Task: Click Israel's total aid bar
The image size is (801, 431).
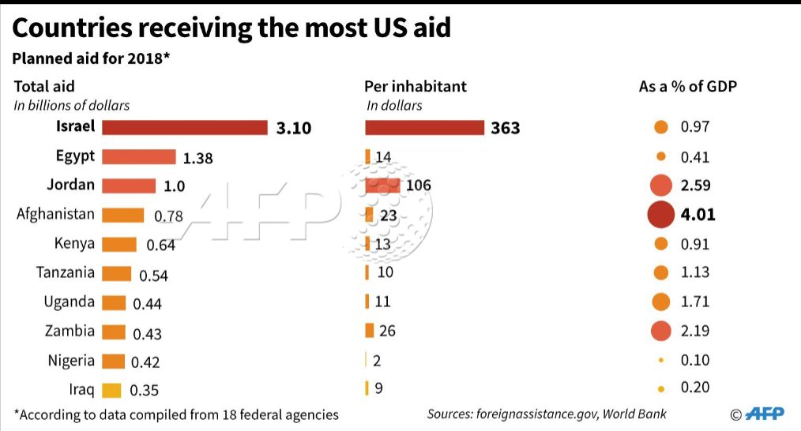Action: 185,127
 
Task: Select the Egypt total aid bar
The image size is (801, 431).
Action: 139,156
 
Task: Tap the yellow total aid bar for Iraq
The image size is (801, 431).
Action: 112,390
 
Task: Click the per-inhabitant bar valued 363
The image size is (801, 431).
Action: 424,127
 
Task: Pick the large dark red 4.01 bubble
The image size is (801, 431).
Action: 660,214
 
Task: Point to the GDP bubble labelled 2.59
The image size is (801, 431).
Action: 660,186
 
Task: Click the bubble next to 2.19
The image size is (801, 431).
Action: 660,331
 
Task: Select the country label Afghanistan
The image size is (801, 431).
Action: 55,214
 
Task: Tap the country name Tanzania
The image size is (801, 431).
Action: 66,272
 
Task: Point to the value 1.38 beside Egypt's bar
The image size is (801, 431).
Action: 197,158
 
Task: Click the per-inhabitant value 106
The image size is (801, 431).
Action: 417,186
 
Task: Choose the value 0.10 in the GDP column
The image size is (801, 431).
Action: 695,360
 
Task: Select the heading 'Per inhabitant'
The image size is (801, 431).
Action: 416,86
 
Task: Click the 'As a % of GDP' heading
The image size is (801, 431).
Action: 687,86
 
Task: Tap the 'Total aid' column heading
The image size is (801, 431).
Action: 44,86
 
